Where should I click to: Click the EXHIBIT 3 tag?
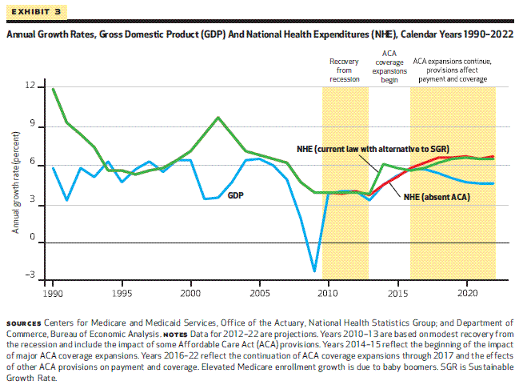(x=34, y=12)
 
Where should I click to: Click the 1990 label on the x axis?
(x=53, y=286)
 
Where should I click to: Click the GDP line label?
(x=237, y=194)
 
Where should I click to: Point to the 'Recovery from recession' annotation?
(x=345, y=70)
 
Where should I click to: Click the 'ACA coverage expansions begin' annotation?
(x=389, y=66)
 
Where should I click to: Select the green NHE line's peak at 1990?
(x=54, y=89)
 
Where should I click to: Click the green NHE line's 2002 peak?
(x=218, y=118)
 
